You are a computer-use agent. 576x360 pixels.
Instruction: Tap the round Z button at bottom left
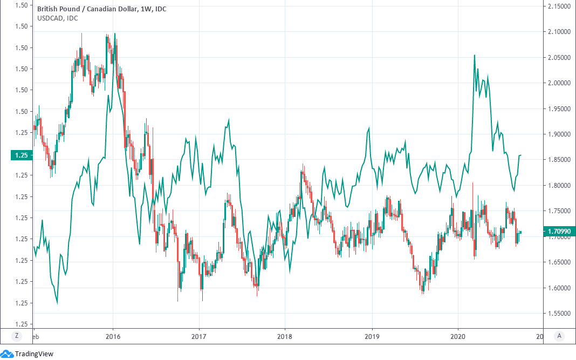[x=16, y=336]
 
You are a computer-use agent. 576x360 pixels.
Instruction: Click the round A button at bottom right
[x=559, y=336]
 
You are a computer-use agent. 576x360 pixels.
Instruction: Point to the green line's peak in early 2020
[x=474, y=55]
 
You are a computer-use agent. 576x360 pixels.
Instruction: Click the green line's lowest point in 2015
[x=57, y=303]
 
